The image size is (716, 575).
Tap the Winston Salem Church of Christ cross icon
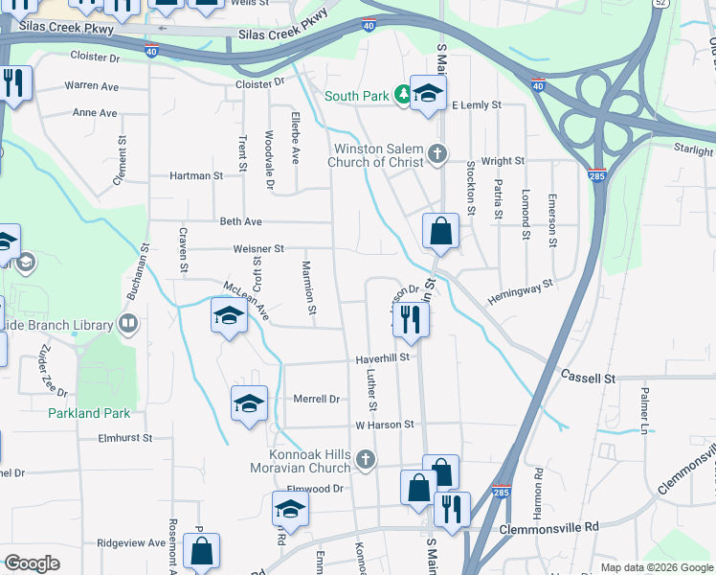coord(437,154)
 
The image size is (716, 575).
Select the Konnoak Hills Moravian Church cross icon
coord(364,462)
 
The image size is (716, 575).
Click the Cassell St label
coord(588,379)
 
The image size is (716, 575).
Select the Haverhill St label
coord(383,357)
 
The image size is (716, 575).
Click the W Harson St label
coord(385,424)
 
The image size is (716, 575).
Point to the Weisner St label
coord(258,248)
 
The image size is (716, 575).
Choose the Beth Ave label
coord(240,221)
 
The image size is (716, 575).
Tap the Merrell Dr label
coord(317,399)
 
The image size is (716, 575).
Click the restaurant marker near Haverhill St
coord(411,319)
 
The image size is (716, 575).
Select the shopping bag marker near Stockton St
coord(440,231)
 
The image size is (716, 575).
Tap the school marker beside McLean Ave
coord(229,316)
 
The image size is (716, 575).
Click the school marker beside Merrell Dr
coord(249,403)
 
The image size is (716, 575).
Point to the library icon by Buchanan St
coord(128,324)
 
